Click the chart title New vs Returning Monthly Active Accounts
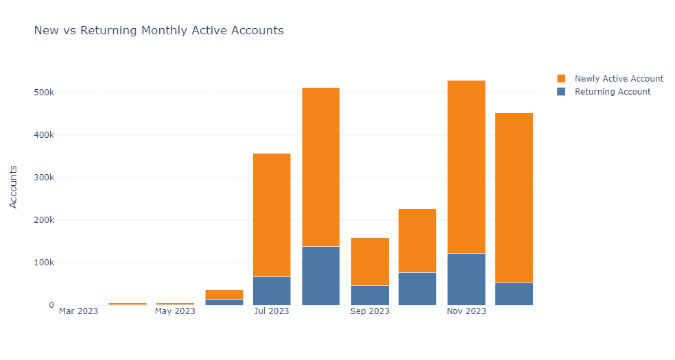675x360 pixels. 158,31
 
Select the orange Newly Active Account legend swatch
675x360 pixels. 561,78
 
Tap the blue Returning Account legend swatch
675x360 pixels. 561,91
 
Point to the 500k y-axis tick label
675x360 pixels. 43,93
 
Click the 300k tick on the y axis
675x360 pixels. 43,178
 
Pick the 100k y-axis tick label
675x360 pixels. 43,263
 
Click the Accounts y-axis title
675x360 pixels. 14,186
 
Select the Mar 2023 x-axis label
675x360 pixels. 78,311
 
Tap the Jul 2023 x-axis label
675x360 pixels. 272,311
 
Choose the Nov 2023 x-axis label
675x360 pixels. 466,311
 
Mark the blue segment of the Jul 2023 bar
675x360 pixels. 272,291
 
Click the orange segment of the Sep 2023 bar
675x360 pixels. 369,261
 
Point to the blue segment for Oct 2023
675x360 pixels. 417,289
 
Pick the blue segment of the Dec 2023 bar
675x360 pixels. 514,294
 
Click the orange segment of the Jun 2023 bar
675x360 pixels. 224,294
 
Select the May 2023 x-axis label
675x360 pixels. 175,311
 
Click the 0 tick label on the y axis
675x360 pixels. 51,305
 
